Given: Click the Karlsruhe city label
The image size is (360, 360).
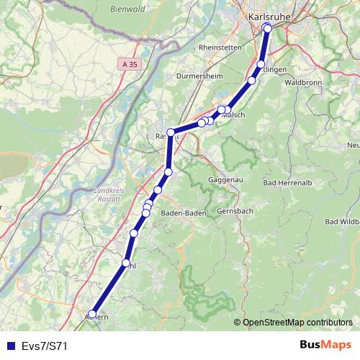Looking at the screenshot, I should pyautogui.click(x=269, y=16).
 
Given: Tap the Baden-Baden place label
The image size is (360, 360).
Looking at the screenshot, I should pyautogui.click(x=184, y=213).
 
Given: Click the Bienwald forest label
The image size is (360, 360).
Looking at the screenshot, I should pyautogui.click(x=128, y=9).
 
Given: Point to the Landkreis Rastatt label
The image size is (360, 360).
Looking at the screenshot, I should pyautogui.click(x=109, y=194).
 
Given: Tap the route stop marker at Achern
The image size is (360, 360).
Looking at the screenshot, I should pyautogui.click(x=91, y=313).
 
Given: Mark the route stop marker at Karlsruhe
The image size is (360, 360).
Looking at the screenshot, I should pyautogui.click(x=267, y=27).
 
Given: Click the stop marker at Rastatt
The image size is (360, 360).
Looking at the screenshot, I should pyautogui.click(x=171, y=132).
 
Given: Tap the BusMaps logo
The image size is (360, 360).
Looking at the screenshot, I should pyautogui.click(x=325, y=345).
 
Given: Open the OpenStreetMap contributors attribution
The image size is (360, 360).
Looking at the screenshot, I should pyautogui.click(x=297, y=323).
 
